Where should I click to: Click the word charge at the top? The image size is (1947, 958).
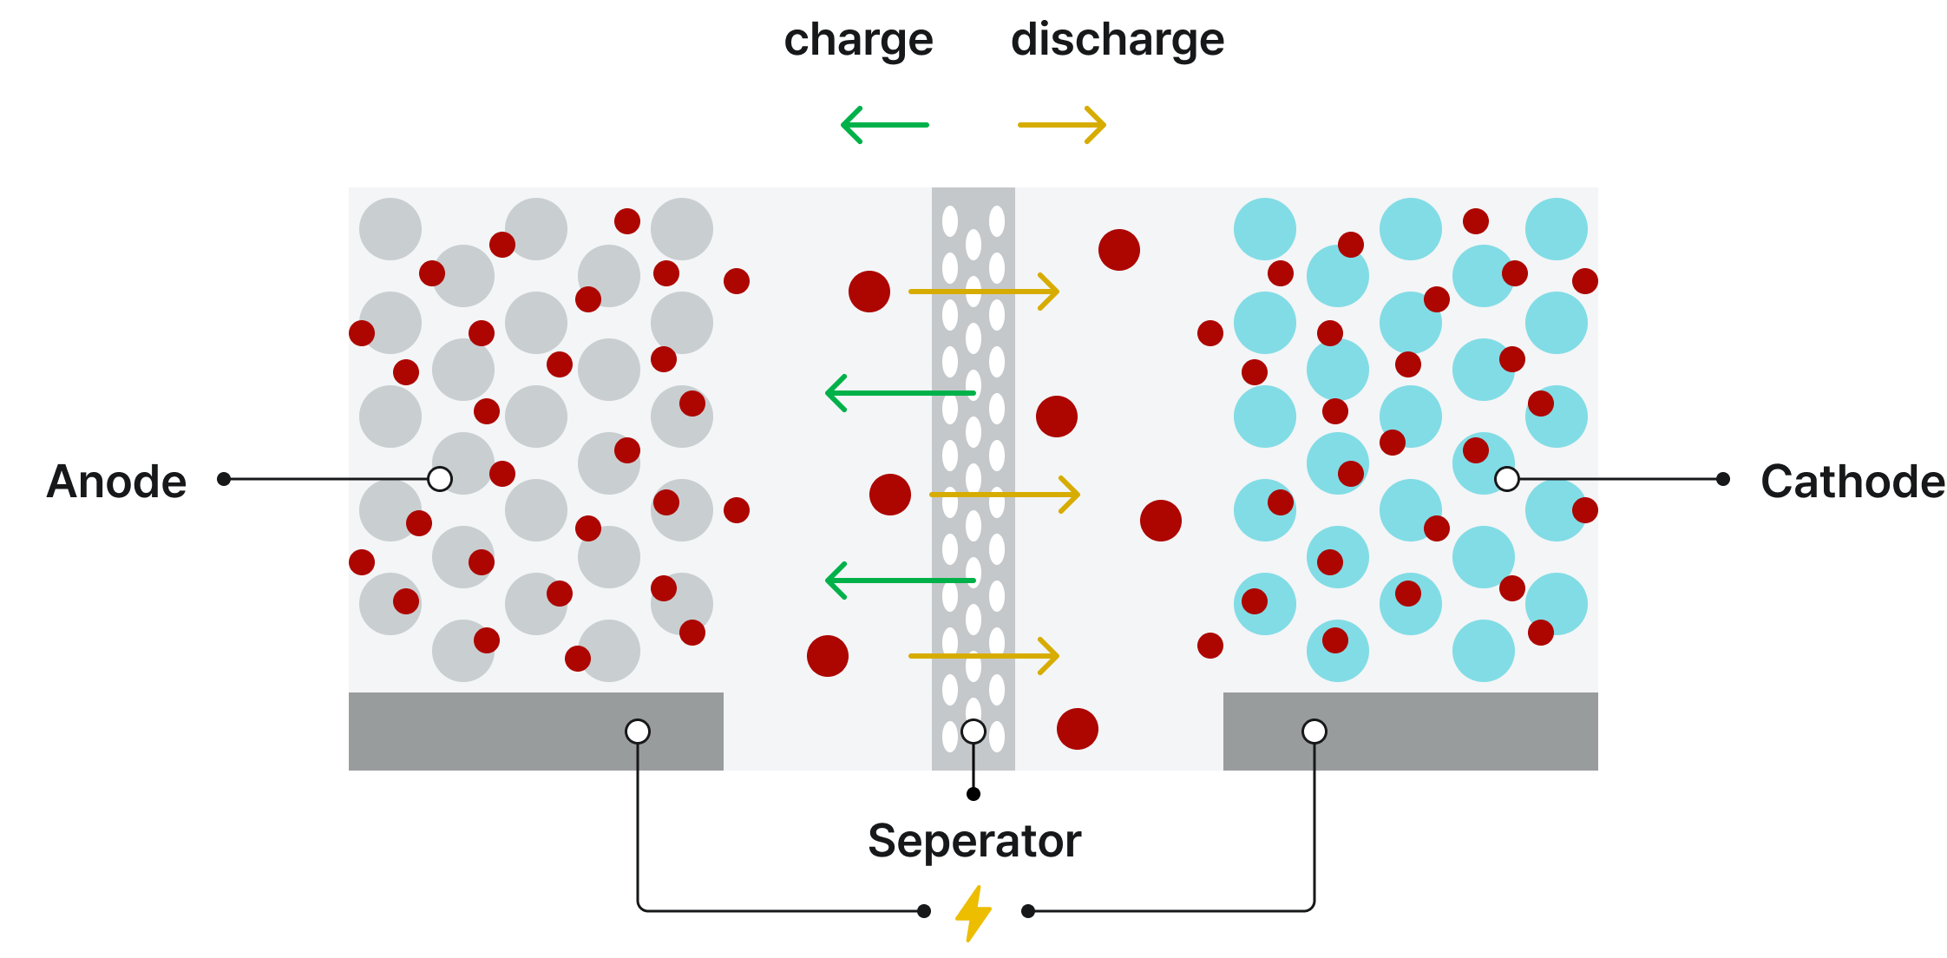858,41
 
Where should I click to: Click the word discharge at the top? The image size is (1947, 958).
1118,41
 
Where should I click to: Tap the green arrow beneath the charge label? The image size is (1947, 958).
885,125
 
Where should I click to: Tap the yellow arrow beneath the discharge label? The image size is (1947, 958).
1062,125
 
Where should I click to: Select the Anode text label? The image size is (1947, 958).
117,481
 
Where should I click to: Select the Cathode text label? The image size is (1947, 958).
1852,481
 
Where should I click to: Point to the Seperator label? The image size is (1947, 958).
974,841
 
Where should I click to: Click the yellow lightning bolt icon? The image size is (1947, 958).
973,912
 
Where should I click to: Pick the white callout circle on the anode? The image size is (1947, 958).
440,479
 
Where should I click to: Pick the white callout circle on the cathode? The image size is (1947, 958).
1507,479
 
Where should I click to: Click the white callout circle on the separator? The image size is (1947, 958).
973,732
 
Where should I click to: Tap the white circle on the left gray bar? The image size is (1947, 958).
638,732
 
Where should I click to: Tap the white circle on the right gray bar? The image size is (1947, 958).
1314,732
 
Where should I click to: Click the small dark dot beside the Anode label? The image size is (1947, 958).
224,479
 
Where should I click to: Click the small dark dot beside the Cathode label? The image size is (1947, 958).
1723,479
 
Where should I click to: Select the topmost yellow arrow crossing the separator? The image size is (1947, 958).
984,292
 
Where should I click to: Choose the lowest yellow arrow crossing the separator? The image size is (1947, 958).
984,656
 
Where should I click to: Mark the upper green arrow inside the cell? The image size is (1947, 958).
901,393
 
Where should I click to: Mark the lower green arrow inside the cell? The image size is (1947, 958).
901,581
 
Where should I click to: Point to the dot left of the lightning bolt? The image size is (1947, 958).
924,911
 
